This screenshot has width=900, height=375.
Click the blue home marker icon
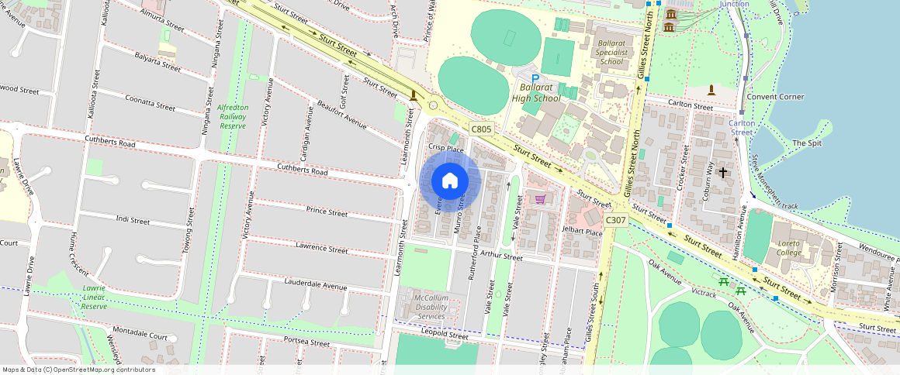(x=450, y=181)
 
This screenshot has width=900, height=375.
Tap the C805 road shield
(x=481, y=129)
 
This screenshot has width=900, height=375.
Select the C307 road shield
(x=615, y=220)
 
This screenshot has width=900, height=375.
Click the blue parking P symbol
(x=535, y=79)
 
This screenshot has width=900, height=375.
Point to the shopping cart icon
(x=539, y=199)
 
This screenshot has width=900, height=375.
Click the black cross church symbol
(x=723, y=172)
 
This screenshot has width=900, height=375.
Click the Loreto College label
(x=789, y=247)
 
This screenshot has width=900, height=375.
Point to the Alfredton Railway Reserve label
(x=233, y=116)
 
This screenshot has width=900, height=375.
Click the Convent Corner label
(x=774, y=97)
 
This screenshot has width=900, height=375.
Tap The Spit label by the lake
(x=805, y=143)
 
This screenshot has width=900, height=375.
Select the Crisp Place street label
(x=445, y=148)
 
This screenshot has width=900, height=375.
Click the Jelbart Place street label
(x=583, y=232)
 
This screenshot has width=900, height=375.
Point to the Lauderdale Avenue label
(x=316, y=285)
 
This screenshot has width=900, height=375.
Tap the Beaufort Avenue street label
(x=341, y=113)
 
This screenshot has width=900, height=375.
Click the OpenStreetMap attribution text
(x=78, y=370)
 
